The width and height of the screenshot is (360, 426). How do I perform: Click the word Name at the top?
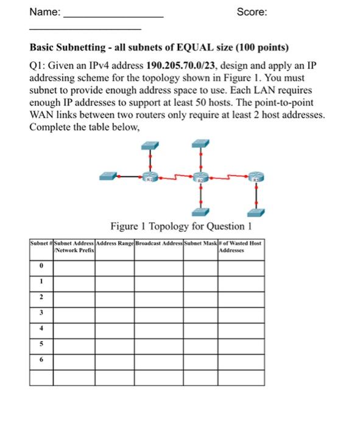pyautogui.click(x=44, y=12)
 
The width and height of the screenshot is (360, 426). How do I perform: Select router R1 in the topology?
pyautogui.click(x=149, y=178)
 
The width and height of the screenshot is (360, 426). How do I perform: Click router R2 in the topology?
pyautogui.click(x=201, y=178)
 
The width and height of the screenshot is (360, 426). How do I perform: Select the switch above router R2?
pyautogui.click(x=201, y=145)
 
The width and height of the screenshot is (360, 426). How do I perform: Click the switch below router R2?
pyautogui.click(x=201, y=211)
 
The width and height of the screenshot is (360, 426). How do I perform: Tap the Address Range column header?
pyautogui.click(x=114, y=243)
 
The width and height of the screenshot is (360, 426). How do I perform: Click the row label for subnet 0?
pyautogui.click(x=41, y=266)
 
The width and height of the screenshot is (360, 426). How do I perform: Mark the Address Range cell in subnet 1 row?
pyautogui.click(x=114, y=282)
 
